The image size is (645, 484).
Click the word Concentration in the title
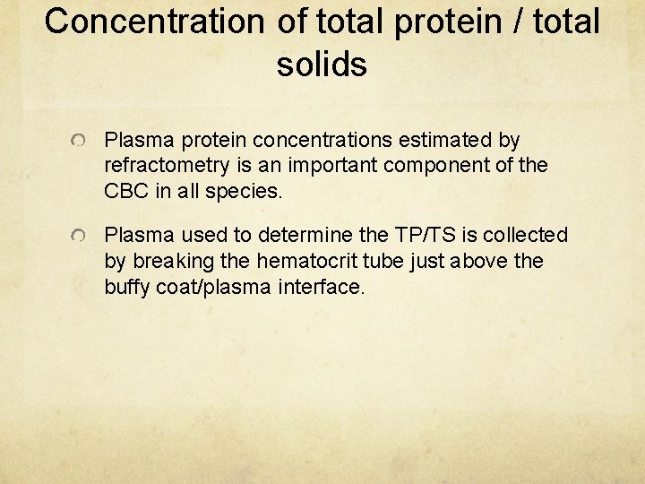pyautogui.click(x=155, y=22)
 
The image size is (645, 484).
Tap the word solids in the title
pyautogui.click(x=322, y=64)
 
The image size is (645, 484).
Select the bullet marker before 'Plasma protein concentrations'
pyautogui.click(x=80, y=143)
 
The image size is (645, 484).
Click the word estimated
pyautogui.click(x=455, y=141)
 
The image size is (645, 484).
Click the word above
pyautogui.click(x=476, y=261)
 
